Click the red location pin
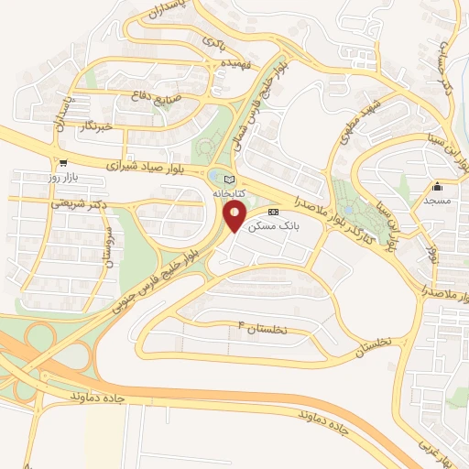point(234,217)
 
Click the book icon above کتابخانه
point(229,179)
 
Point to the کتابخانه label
point(229,193)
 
